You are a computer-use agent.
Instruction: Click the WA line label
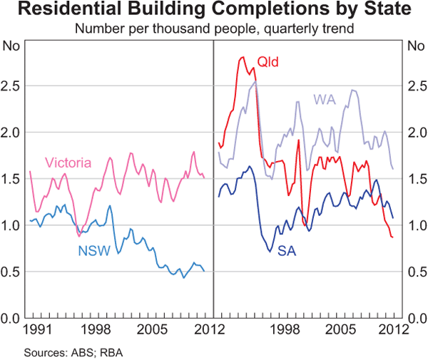point(325,99)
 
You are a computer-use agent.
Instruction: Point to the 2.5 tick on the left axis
point(12,86)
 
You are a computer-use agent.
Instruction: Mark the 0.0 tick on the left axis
point(12,318)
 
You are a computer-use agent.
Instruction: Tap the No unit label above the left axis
point(12,47)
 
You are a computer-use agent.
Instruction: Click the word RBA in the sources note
point(113,351)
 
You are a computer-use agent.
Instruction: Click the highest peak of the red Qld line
point(242,57)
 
